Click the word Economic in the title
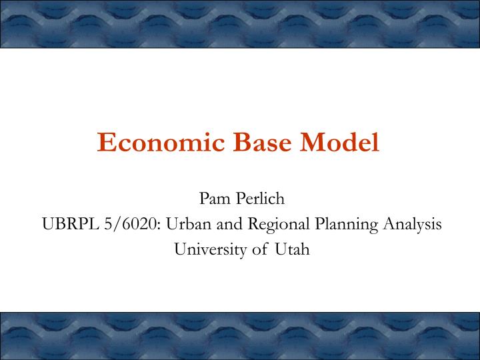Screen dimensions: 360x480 click(159, 143)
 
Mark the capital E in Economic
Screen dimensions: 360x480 click(106, 143)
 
